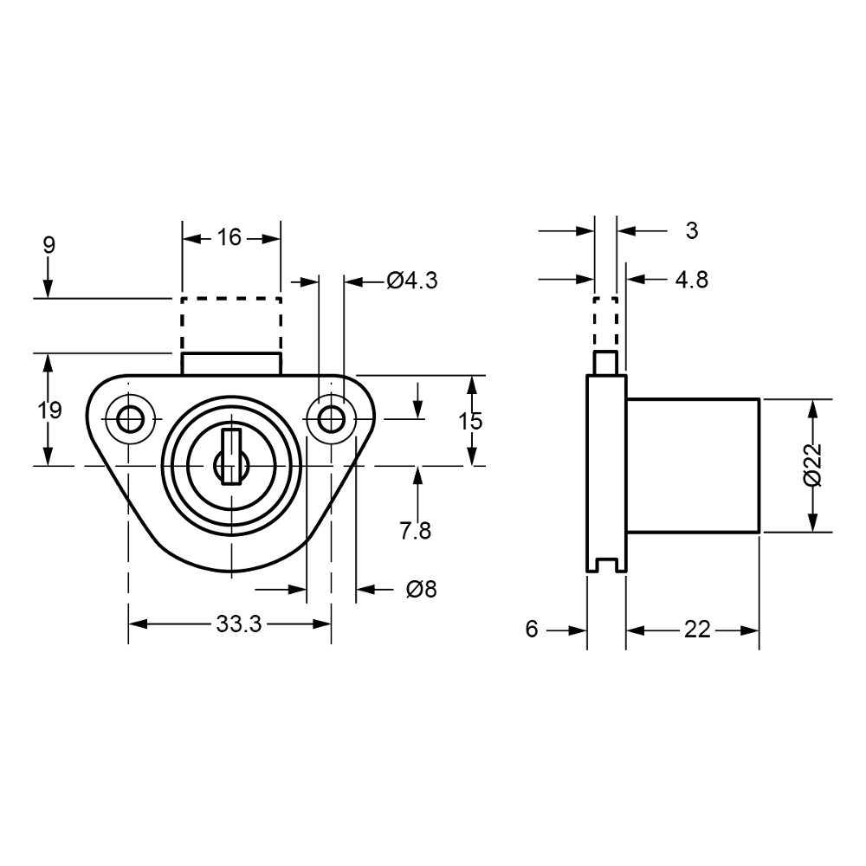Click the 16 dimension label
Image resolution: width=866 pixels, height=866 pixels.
point(229,236)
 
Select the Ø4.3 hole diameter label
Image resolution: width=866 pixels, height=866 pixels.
point(413,281)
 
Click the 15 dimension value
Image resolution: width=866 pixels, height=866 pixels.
point(470,422)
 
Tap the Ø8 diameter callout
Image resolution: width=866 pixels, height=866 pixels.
point(421,590)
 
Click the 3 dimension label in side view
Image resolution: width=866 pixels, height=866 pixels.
point(690,231)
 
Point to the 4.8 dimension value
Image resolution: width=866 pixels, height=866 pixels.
point(690,280)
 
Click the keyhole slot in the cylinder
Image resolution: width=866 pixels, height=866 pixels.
point(230,456)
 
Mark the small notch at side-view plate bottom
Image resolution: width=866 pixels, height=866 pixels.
point(605,567)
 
